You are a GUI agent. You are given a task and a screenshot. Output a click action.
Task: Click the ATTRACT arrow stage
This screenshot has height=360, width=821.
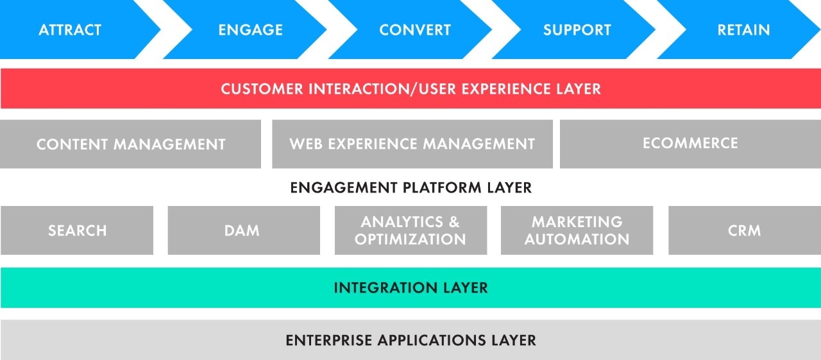70,30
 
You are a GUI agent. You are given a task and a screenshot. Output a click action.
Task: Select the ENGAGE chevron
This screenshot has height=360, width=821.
250,30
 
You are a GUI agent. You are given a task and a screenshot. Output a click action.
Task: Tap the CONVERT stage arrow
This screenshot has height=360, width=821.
414,30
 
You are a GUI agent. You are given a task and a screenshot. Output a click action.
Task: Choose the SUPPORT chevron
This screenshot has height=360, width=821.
577,30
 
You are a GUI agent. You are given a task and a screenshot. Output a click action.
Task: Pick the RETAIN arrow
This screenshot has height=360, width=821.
743,30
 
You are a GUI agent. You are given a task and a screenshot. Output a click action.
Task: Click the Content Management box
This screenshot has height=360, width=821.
131,144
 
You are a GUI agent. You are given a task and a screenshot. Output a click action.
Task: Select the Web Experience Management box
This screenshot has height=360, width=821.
412,144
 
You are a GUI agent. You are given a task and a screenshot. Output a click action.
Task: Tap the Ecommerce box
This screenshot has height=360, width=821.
690,143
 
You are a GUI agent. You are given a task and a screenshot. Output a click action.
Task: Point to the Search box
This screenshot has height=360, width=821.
77,230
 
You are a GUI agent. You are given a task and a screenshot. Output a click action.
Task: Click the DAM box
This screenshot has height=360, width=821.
242,230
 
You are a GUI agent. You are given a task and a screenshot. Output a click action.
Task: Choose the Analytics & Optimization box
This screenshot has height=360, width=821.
410,230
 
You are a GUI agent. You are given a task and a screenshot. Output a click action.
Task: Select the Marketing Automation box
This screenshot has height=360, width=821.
577,230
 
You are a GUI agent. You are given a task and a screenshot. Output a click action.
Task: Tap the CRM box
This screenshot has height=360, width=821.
744,230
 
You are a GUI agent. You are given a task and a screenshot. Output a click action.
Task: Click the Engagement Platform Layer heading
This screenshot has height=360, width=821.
410,188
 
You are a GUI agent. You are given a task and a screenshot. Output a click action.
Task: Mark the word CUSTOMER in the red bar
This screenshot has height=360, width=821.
262,89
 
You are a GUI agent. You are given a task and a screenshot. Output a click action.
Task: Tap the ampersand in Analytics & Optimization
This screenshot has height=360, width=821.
453,222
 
